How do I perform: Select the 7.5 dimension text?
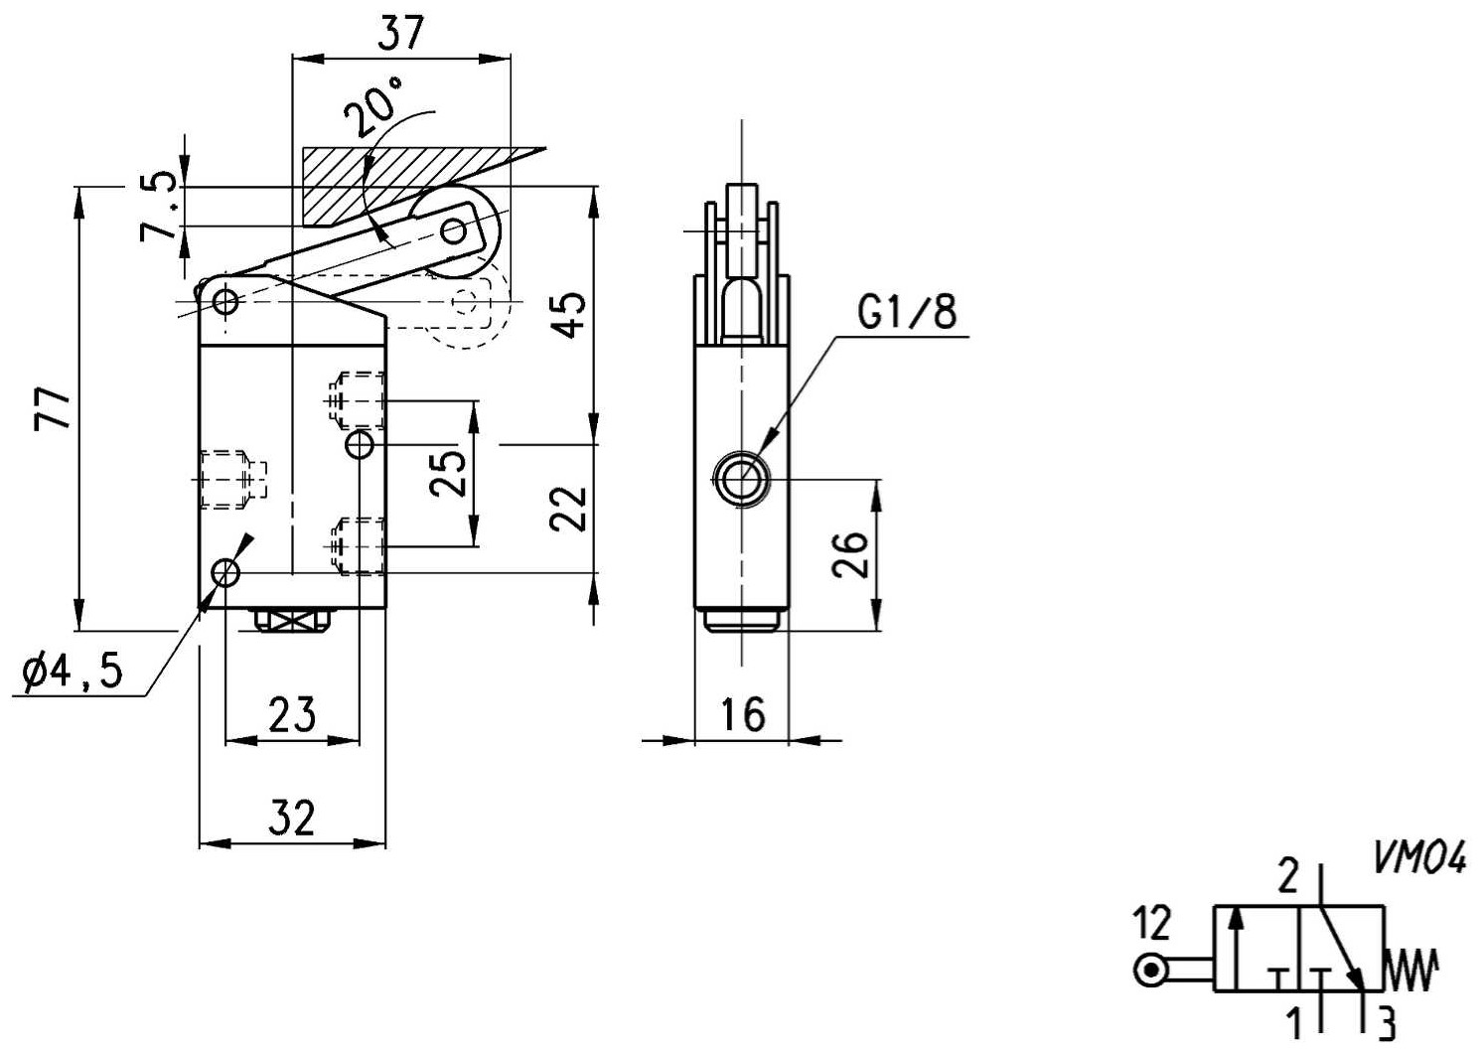click(160, 207)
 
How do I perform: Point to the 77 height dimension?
click(53, 408)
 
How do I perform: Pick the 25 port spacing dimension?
click(448, 473)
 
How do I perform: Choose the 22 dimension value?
click(568, 509)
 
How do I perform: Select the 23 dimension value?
click(292, 715)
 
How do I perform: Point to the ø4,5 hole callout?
click(72, 673)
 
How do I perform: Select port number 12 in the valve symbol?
click(1152, 923)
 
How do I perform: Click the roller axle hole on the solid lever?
click(454, 231)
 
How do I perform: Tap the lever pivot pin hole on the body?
click(225, 302)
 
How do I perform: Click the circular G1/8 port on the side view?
click(741, 478)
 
